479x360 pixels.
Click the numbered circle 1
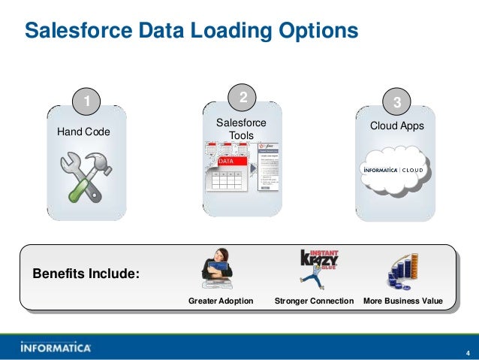(x=88, y=100)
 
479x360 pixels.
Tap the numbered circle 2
(x=243, y=96)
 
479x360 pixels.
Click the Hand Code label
(x=83, y=132)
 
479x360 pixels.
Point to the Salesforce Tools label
(x=241, y=129)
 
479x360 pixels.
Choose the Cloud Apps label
(x=397, y=126)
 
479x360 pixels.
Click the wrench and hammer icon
(x=85, y=175)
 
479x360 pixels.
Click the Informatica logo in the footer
(x=56, y=347)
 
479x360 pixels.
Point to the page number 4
(x=467, y=352)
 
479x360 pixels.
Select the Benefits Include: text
(x=86, y=274)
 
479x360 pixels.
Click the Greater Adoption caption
(x=220, y=301)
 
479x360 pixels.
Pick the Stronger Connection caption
(x=314, y=301)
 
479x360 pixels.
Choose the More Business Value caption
(x=403, y=301)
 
